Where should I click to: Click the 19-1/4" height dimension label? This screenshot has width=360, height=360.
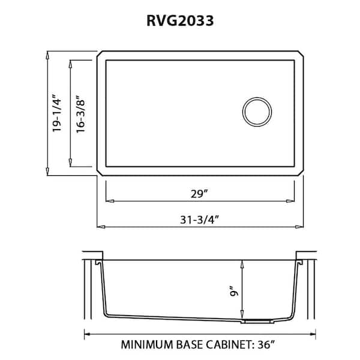click(x=58, y=113)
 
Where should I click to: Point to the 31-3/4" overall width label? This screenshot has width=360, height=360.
click(x=200, y=219)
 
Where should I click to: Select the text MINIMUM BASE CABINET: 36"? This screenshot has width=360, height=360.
click(x=200, y=345)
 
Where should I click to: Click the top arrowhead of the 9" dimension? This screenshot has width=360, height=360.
click(x=242, y=262)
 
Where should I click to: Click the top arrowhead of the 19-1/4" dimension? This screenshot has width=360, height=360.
click(x=48, y=54)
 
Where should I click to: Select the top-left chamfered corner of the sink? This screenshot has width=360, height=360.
click(x=100, y=55)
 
